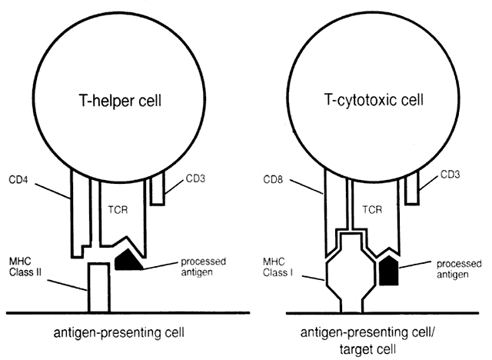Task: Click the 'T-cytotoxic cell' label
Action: pyautogui.click(x=367, y=102)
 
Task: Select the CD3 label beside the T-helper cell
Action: pyautogui.click(x=197, y=183)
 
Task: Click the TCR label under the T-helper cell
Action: pyautogui.click(x=114, y=208)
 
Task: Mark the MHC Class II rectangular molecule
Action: pyautogui.click(x=98, y=288)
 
